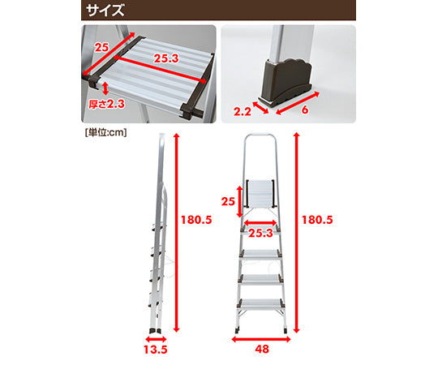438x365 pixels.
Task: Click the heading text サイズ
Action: pos(106,11)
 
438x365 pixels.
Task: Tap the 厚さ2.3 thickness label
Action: pos(107,103)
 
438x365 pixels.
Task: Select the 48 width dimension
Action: pos(262,350)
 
